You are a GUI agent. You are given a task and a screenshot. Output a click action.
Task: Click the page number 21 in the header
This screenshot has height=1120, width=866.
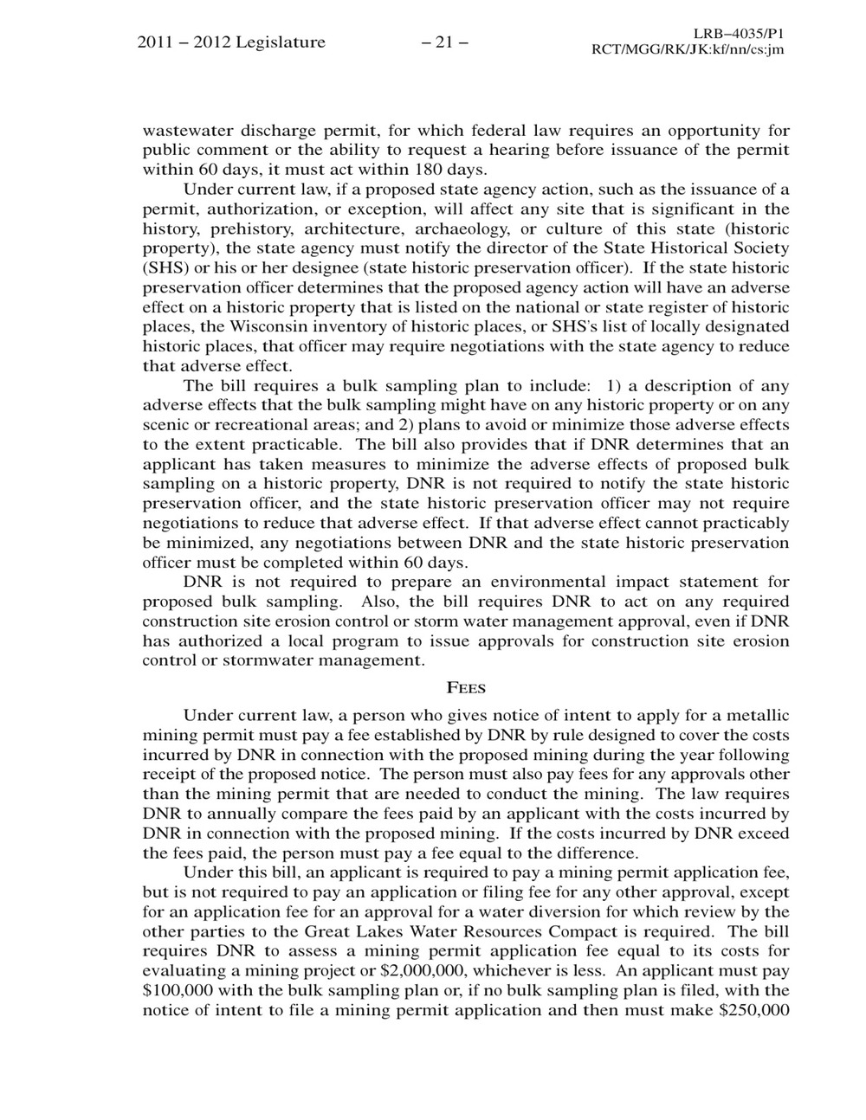tap(443, 42)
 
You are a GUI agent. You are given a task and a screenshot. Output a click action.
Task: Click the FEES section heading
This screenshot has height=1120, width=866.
tap(466, 688)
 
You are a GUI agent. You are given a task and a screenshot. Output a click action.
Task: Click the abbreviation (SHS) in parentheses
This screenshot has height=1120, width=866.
tap(165, 267)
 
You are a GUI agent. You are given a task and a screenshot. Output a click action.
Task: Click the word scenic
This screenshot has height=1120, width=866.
tap(166, 425)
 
